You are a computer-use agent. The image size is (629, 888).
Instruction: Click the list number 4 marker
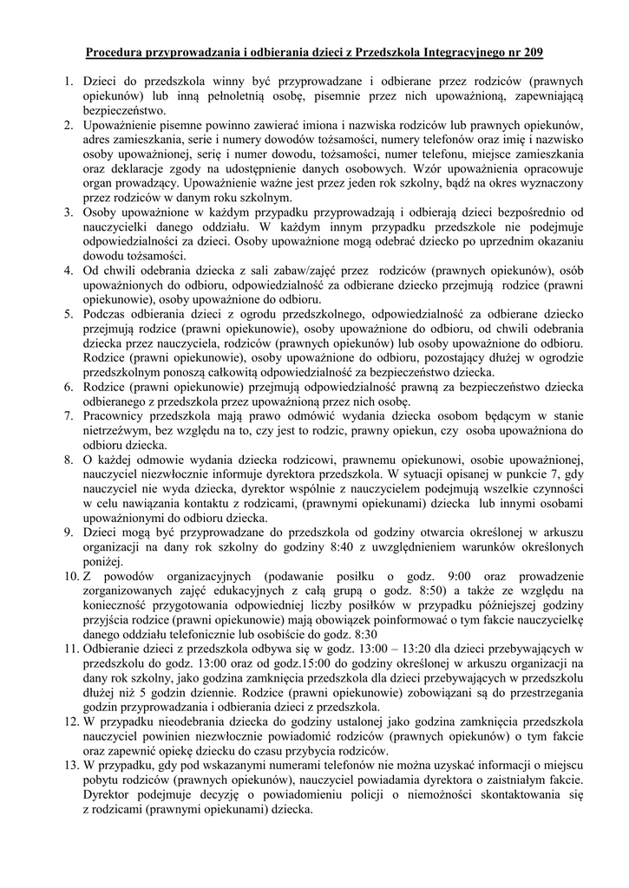(69, 270)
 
